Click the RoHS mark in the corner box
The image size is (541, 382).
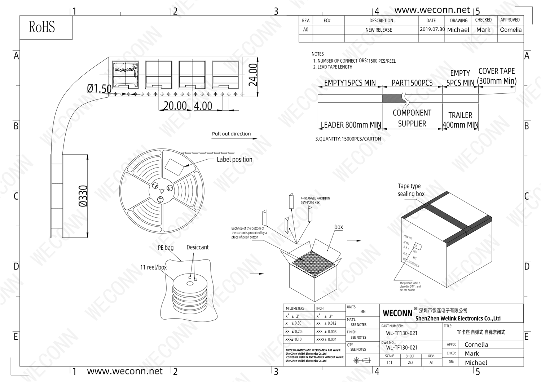(x=42, y=27)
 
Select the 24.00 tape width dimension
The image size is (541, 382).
(x=254, y=75)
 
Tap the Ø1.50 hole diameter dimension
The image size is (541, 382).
(x=99, y=88)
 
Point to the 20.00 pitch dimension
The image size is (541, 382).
(x=175, y=106)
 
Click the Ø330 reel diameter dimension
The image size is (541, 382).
(x=83, y=196)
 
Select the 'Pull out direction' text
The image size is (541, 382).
(x=231, y=134)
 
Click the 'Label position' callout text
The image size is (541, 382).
(x=234, y=159)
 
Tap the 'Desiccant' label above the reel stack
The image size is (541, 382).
(x=197, y=247)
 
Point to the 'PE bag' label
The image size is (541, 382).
(x=166, y=248)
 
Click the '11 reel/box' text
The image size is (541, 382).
(x=153, y=267)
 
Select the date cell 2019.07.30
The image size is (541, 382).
(x=432, y=29)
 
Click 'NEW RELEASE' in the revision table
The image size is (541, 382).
(x=378, y=30)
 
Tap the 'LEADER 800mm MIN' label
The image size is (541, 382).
(x=351, y=125)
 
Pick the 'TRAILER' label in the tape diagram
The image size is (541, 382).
(x=460, y=115)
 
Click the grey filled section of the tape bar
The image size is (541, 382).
(x=393, y=98)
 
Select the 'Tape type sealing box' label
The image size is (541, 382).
(x=411, y=190)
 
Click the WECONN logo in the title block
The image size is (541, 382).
(x=397, y=313)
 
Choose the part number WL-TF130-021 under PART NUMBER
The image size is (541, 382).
(x=401, y=333)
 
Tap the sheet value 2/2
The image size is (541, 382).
(x=410, y=363)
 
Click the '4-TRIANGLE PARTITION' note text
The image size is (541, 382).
(x=315, y=198)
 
